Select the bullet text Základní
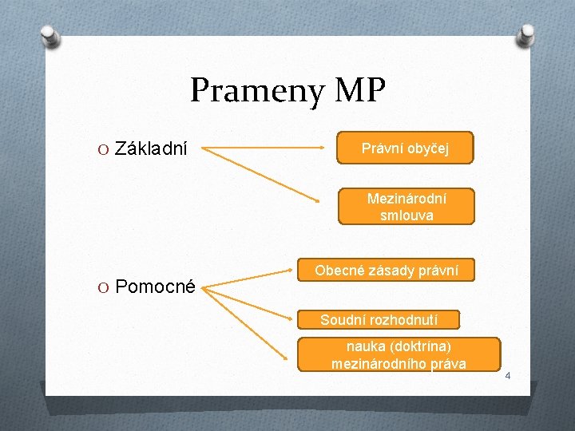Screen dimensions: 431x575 (151, 148)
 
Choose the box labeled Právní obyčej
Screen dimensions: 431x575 (406, 148)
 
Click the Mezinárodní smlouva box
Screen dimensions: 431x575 (406, 207)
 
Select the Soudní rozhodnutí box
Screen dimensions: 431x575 (379, 320)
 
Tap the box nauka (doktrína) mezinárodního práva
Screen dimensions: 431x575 (399, 355)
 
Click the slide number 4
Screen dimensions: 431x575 (506, 374)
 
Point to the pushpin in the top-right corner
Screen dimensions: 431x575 (526, 34)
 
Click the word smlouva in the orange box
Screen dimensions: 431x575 (406, 215)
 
